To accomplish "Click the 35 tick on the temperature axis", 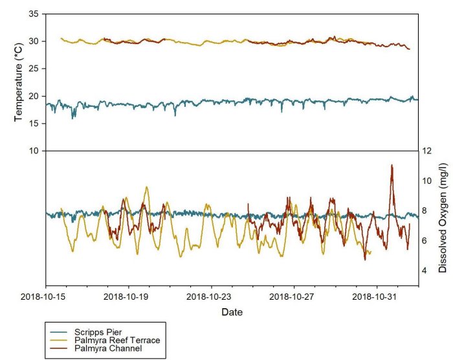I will (x=34, y=14).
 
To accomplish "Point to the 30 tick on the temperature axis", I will (x=34, y=41).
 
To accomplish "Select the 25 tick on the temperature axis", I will (x=34, y=69).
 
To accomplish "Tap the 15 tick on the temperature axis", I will (x=34, y=123).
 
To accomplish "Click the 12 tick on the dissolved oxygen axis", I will (x=428, y=151).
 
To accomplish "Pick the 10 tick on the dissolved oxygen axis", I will (x=428, y=181).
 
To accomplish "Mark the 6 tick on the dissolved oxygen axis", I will (x=428, y=241).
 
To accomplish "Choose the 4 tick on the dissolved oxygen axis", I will (x=428, y=271).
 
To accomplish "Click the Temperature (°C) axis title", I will (x=19, y=82).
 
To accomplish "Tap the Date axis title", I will (x=232, y=312).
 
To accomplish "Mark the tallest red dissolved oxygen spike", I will (x=392, y=166).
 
